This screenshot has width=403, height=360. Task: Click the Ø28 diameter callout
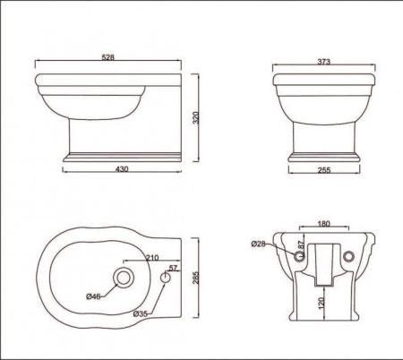[x=258, y=243]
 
